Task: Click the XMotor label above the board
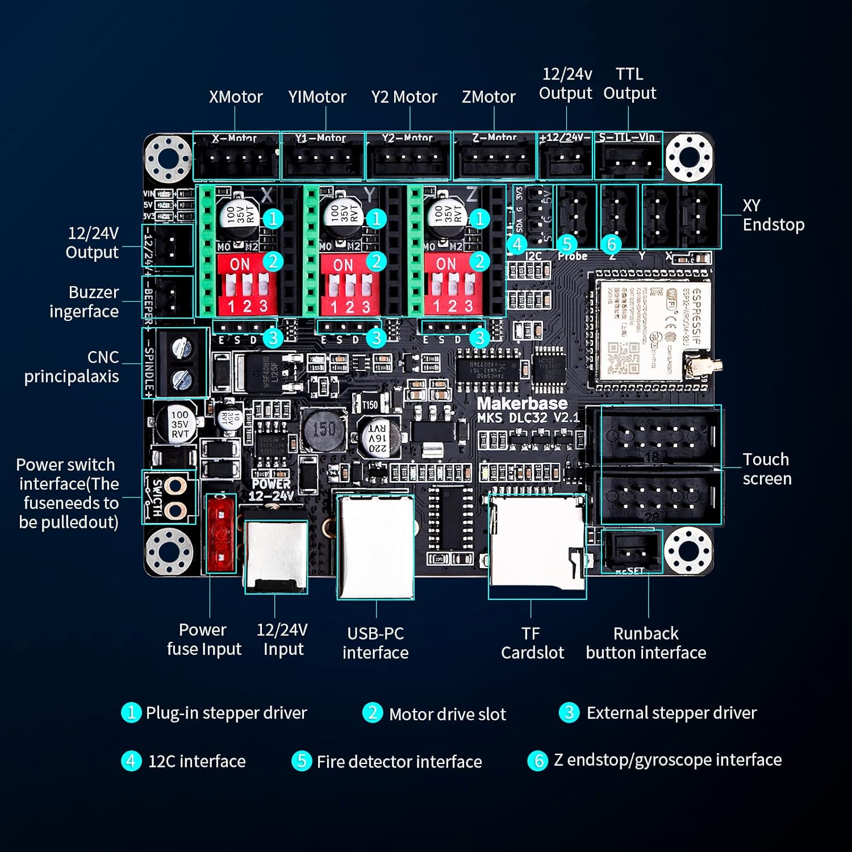point(236,97)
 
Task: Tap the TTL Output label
point(629,83)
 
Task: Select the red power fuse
point(220,533)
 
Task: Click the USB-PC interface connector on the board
point(375,546)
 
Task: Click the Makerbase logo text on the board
point(522,403)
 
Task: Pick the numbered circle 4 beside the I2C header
point(517,245)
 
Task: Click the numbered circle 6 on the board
point(611,245)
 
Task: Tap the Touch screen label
point(767,469)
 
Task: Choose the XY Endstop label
point(773,215)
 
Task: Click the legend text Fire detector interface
point(399,761)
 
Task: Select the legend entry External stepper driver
point(671,713)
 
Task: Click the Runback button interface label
point(646,643)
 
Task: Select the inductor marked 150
point(324,429)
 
